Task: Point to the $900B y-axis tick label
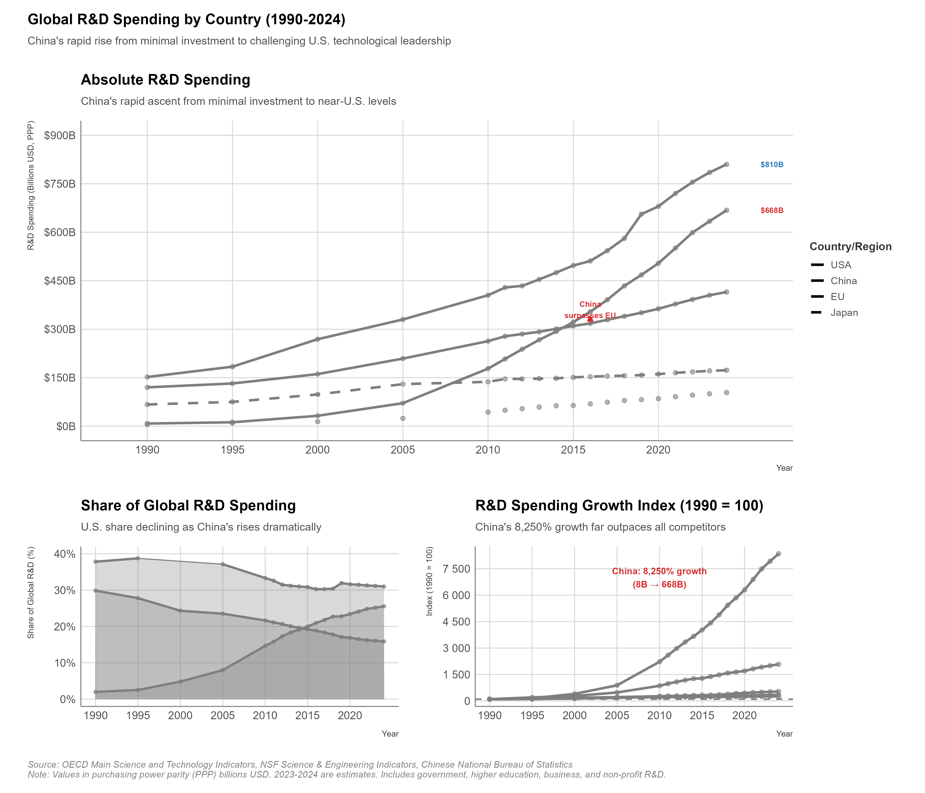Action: coord(60,135)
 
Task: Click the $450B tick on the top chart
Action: coord(60,281)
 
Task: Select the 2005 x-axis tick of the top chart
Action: coord(403,450)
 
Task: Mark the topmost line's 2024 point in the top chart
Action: coord(726,164)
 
